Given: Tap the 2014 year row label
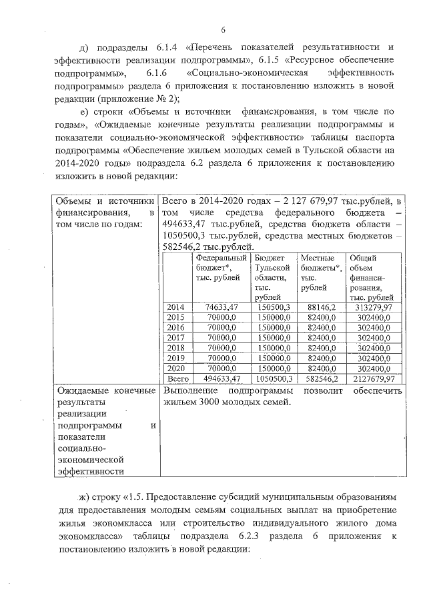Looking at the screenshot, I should pos(175,307).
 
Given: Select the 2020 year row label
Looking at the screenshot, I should pos(175,367).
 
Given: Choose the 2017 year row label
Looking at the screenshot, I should pos(175,337).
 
